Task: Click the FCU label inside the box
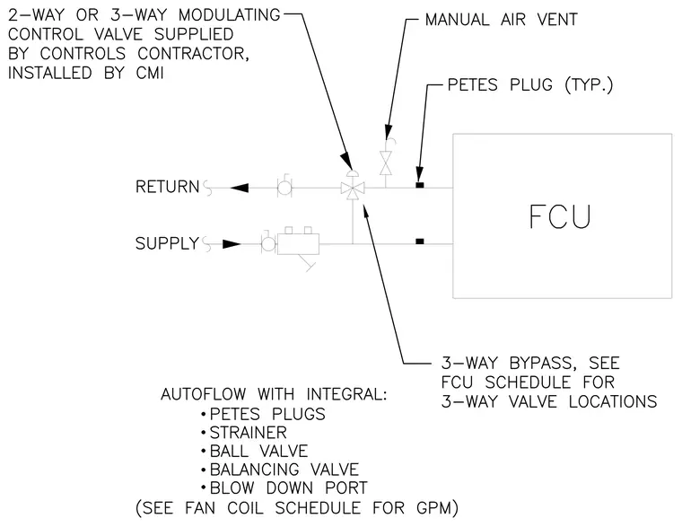(x=560, y=216)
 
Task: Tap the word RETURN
(x=168, y=187)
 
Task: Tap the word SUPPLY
(x=168, y=243)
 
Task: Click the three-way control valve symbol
(x=353, y=189)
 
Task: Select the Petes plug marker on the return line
(x=420, y=185)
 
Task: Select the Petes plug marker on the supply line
(x=420, y=242)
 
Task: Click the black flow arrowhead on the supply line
(x=232, y=244)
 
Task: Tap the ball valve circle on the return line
(x=284, y=189)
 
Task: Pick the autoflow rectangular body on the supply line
(x=298, y=243)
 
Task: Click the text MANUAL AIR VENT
(x=501, y=20)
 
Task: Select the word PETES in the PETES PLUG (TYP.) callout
(x=472, y=85)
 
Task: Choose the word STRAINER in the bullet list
(x=248, y=433)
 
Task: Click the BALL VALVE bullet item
(x=258, y=451)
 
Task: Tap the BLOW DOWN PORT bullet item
(x=288, y=487)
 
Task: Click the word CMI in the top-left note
(x=150, y=73)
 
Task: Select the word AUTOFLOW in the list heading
(x=203, y=394)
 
